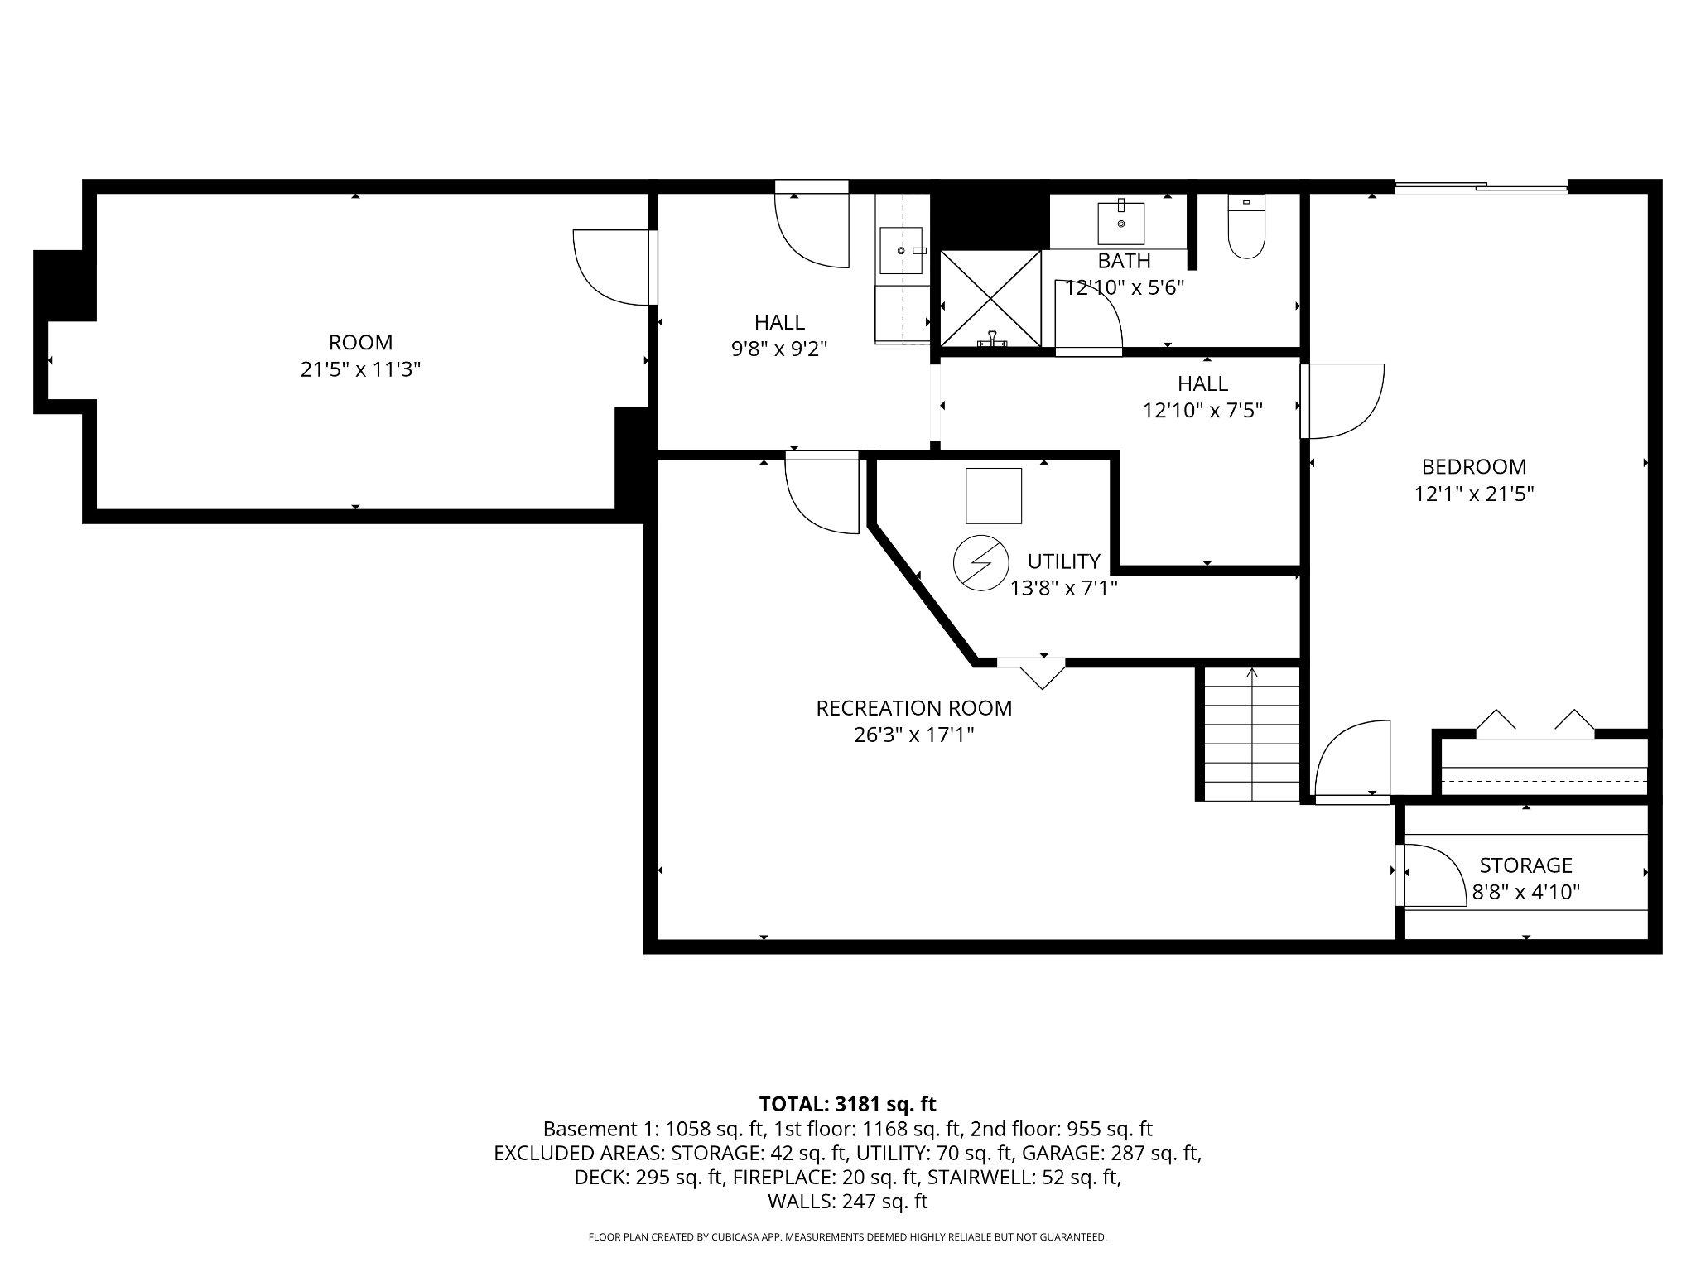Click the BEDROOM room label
[x=1473, y=466]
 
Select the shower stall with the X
[x=990, y=298]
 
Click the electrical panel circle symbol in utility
[x=980, y=564]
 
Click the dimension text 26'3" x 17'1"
[x=913, y=735]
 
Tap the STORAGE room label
[x=1525, y=865]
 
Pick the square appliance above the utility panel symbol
[x=994, y=495]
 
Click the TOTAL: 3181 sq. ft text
[x=847, y=1104]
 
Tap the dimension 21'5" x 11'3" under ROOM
[x=360, y=369]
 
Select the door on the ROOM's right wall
[x=613, y=267]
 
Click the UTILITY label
[x=1063, y=561]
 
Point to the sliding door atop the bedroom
[x=1481, y=188]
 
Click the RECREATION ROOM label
[x=913, y=708]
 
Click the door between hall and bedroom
[x=1342, y=401]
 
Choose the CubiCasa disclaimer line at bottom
[x=847, y=1237]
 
